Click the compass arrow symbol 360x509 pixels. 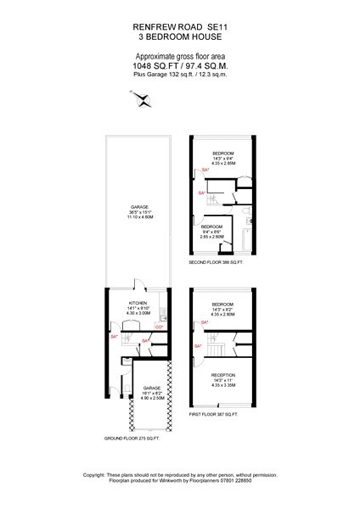(x=143, y=100)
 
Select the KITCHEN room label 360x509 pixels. (x=138, y=301)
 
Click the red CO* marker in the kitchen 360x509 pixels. (x=159, y=327)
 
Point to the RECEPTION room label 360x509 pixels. (x=222, y=374)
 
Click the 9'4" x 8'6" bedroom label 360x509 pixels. (x=211, y=232)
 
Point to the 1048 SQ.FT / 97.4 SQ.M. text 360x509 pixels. (x=180, y=64)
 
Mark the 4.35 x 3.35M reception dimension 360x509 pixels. (x=222, y=385)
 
